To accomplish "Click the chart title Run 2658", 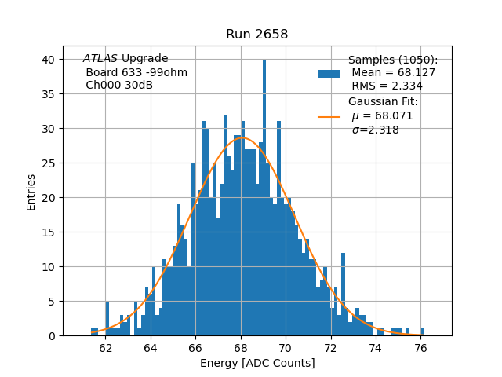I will point(256,34).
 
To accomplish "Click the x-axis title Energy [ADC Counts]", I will point(257,363).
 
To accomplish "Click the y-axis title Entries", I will point(31,192).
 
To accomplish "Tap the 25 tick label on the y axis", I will point(48,163).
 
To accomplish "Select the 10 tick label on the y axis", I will point(48,267).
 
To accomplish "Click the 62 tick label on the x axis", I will point(106,346).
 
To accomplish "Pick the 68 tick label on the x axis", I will point(241,346).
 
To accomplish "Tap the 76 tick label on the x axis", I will point(420,346).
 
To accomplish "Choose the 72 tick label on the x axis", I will point(331,346).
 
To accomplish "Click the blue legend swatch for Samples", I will point(329,74).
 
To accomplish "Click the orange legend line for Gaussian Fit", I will point(329,117).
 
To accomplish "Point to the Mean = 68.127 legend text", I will point(393,73).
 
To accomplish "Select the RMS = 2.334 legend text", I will point(387,86).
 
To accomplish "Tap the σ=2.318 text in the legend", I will point(375,130).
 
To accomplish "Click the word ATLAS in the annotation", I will point(100,59).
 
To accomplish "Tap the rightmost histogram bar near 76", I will point(422,332).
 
